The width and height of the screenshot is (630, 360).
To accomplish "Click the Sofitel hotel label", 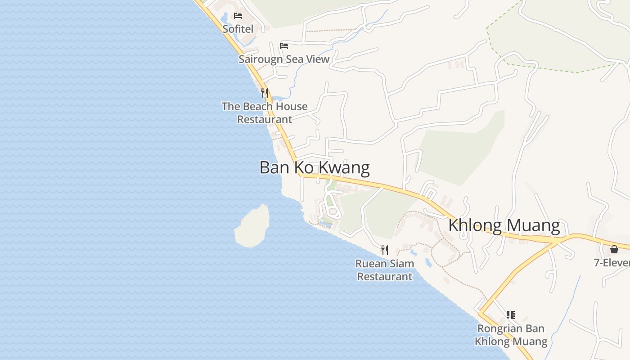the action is pyautogui.click(x=238, y=29).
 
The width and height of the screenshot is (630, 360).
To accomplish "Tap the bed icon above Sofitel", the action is pyautogui.click(x=238, y=16).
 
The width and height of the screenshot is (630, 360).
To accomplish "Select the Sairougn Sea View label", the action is pyautogui.click(x=284, y=59).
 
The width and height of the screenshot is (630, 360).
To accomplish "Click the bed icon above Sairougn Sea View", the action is pyautogui.click(x=284, y=45).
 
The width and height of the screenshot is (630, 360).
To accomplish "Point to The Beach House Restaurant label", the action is pyautogui.click(x=265, y=113).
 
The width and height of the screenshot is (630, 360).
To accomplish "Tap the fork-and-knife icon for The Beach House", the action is pyautogui.click(x=265, y=93).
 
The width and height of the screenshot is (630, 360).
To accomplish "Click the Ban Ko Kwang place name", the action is pyautogui.click(x=315, y=167).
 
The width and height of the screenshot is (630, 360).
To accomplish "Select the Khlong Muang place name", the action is pyautogui.click(x=504, y=225).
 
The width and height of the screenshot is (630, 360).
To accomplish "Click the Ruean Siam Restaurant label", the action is pyautogui.click(x=385, y=270).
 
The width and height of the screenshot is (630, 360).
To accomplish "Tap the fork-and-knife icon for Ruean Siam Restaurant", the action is pyautogui.click(x=385, y=250).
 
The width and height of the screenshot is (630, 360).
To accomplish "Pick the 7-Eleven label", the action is pyautogui.click(x=612, y=263).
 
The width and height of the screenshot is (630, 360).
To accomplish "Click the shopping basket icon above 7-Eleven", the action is pyautogui.click(x=614, y=249).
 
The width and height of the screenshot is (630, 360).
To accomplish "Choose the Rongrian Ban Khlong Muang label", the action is pyautogui.click(x=511, y=335).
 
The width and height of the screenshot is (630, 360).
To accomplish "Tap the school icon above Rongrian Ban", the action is pyautogui.click(x=510, y=315).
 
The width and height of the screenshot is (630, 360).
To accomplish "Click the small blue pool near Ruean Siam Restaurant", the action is pyautogui.click(x=428, y=262).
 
